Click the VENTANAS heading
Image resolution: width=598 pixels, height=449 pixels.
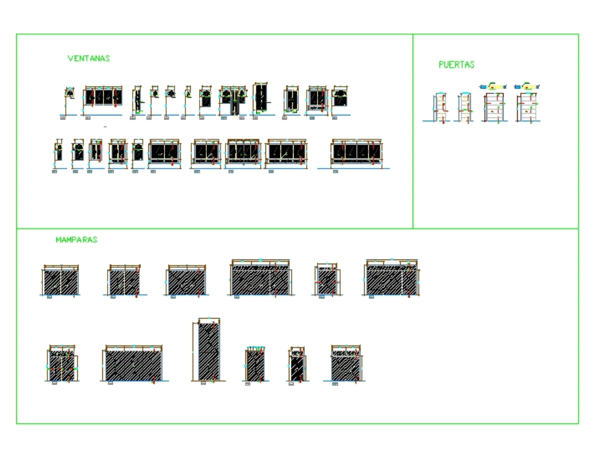click(89, 59)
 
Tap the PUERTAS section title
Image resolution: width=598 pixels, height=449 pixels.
click(456, 65)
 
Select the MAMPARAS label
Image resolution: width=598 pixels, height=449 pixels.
click(76, 240)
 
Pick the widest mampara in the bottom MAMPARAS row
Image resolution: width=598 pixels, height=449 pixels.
click(133, 364)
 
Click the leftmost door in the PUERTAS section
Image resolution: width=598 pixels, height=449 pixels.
click(441, 108)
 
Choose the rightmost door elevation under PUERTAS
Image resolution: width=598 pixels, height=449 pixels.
click(528, 108)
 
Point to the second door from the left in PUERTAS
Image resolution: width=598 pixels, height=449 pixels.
click(465, 108)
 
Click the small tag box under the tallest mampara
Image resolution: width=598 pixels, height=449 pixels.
click(203, 384)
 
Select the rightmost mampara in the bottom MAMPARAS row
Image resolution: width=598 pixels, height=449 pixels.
click(347, 364)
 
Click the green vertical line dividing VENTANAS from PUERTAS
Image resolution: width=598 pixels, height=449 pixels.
click(413, 132)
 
